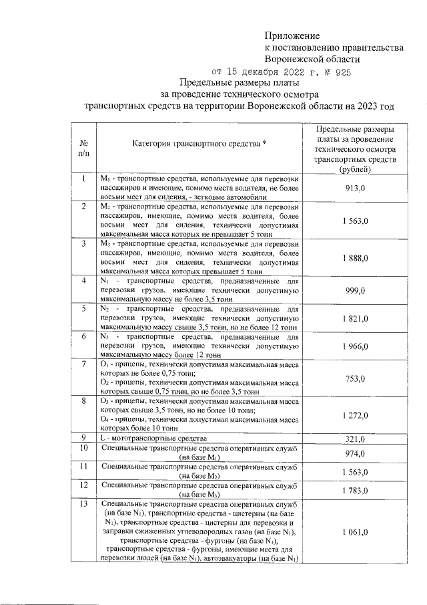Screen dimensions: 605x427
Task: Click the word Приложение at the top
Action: pyautogui.click(x=292, y=35)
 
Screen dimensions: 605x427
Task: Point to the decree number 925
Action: pyautogui.click(x=342, y=72)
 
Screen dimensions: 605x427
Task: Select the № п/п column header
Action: pyautogui.click(x=85, y=148)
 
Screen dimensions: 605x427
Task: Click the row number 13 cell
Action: pyautogui.click(x=85, y=503)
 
